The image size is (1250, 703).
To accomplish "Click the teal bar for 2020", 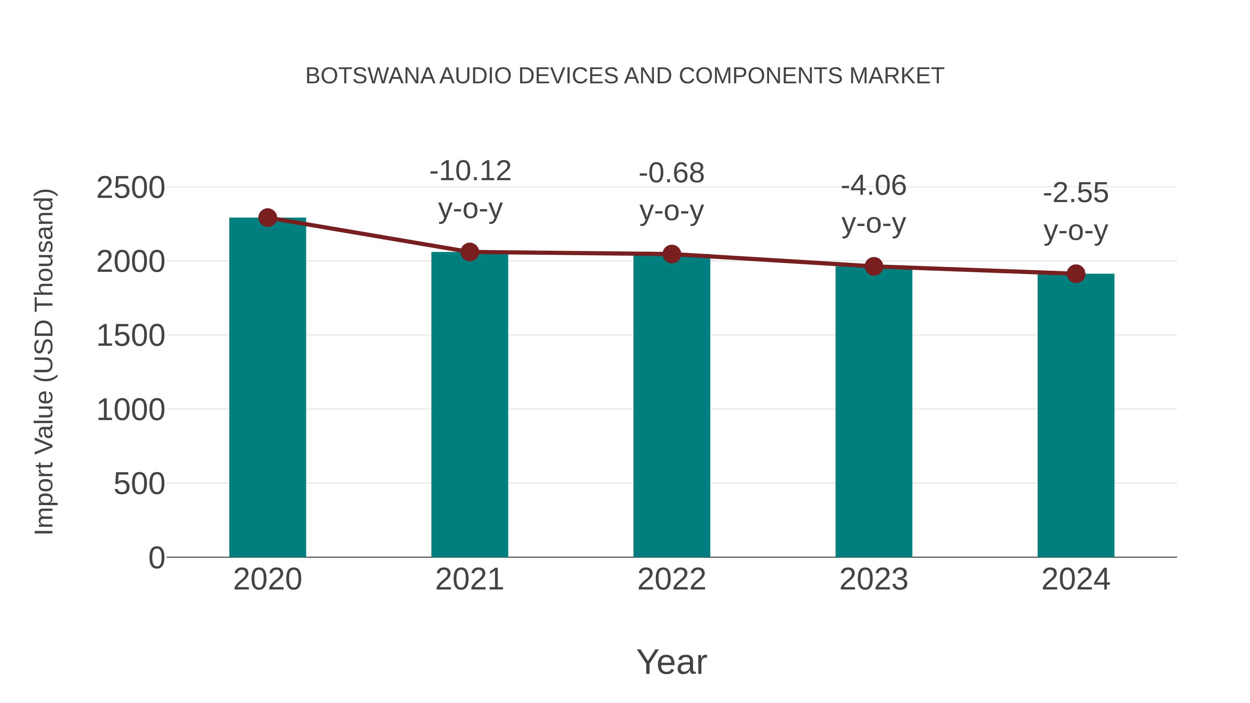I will point(267,388).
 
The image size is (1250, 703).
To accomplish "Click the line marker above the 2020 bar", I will point(267,218).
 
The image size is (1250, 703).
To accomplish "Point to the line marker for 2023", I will point(874,266).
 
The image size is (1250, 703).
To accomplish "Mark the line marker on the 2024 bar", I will point(1076,274).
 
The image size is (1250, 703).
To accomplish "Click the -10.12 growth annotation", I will point(470,171).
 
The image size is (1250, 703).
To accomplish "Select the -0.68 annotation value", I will point(672,173).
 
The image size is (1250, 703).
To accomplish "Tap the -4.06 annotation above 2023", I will point(874,186).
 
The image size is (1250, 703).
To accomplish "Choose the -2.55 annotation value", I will point(1076,193).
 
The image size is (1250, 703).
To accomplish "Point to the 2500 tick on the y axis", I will point(131,188).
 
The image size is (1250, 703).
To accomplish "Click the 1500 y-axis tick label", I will point(131,336).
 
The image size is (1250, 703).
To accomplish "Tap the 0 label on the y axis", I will point(156,558).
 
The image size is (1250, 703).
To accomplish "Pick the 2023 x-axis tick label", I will point(874,579).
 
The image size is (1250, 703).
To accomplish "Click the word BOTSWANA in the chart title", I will point(370,76).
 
